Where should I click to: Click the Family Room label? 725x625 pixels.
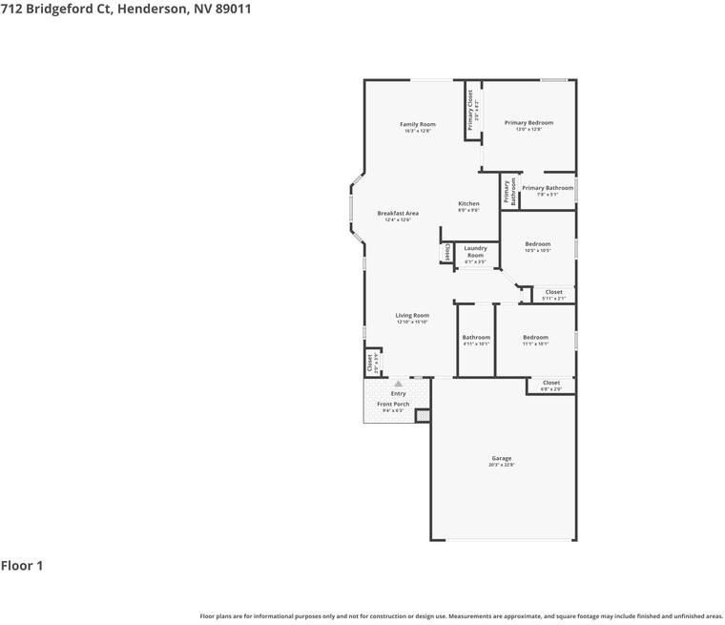[417, 124]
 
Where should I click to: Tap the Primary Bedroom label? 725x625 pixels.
[528, 123]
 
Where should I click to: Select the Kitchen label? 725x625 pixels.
[468, 204]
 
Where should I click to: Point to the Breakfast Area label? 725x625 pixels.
[398, 214]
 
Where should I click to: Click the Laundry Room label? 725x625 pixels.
[475, 252]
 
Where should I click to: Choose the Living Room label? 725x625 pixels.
[413, 316]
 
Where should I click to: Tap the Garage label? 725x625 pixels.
[502, 458]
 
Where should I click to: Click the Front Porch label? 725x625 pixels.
[393, 405]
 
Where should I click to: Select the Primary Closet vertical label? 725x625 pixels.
[470, 110]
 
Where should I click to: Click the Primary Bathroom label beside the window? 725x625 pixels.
[548, 188]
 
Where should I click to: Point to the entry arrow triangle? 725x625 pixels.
[399, 384]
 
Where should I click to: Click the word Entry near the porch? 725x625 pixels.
[399, 393]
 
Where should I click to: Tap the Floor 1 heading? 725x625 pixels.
[22, 566]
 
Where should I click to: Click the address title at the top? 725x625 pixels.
[126, 9]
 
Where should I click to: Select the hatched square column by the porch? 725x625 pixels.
[423, 416]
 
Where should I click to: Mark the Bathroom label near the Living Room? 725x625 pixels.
[476, 338]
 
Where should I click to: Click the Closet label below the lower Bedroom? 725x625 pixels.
[551, 383]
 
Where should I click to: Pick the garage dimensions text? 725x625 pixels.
[502, 465]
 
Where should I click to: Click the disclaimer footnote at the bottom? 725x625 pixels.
[461, 615]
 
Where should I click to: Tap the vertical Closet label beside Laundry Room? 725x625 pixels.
[446, 252]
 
